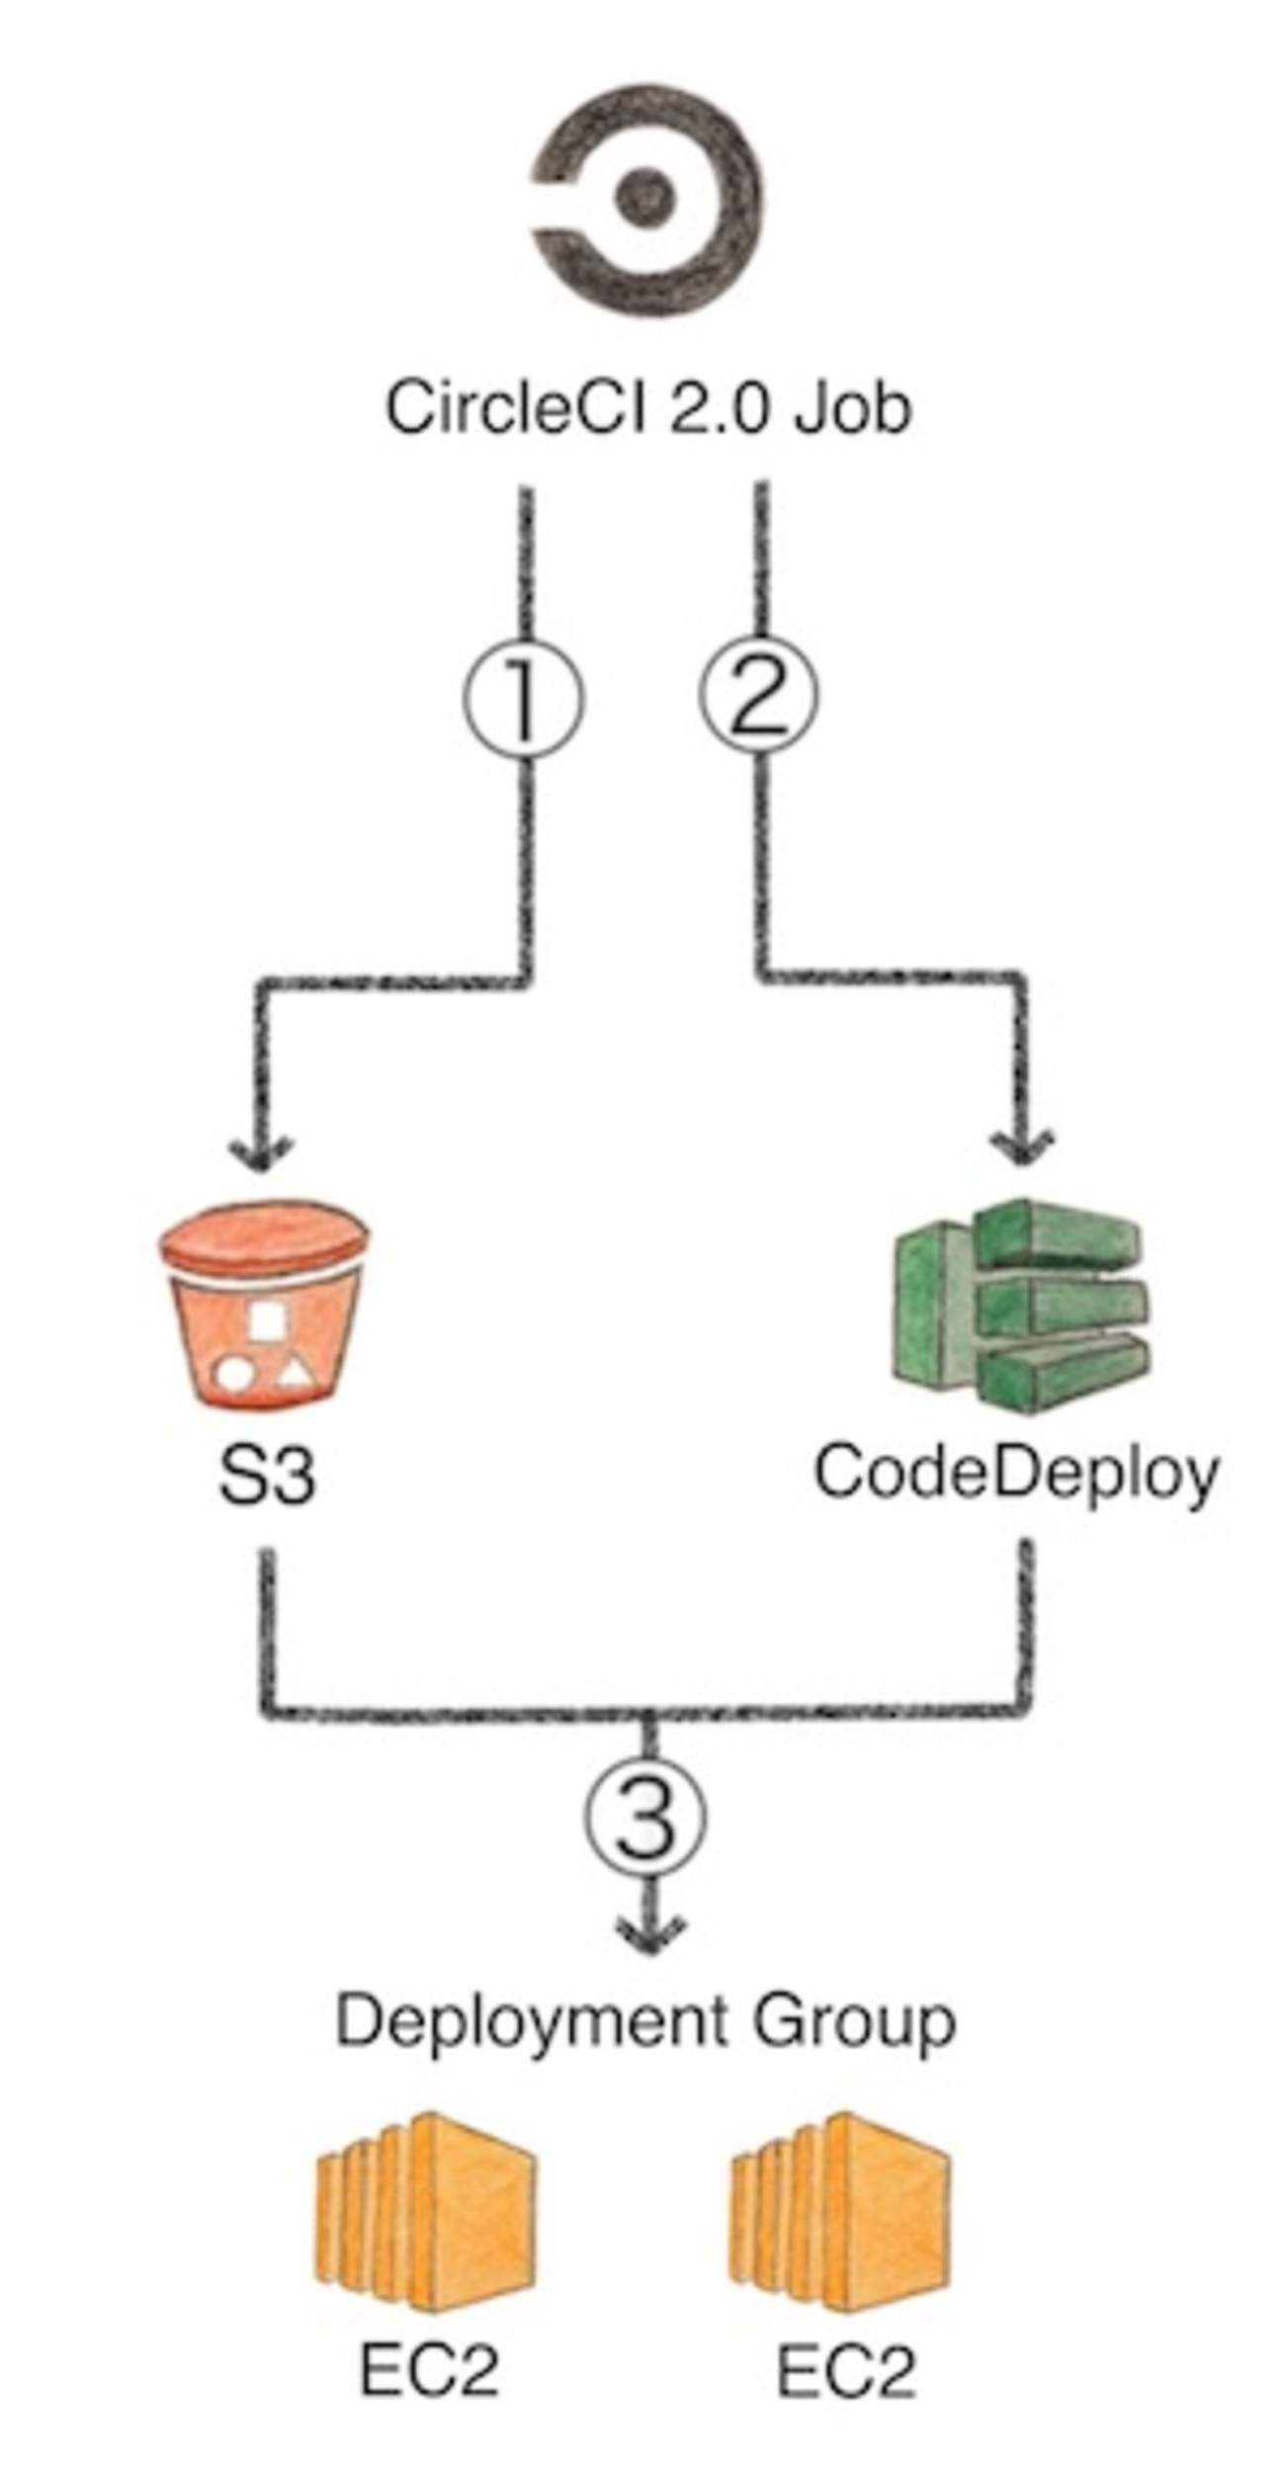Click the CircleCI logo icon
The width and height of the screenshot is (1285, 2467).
647,198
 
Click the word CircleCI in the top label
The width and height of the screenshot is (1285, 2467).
514,408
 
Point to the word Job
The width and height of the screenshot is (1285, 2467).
852,408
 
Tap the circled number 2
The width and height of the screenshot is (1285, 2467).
759,697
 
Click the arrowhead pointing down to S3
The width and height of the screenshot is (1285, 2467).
260,1150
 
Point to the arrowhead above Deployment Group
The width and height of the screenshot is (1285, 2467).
650,1932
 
